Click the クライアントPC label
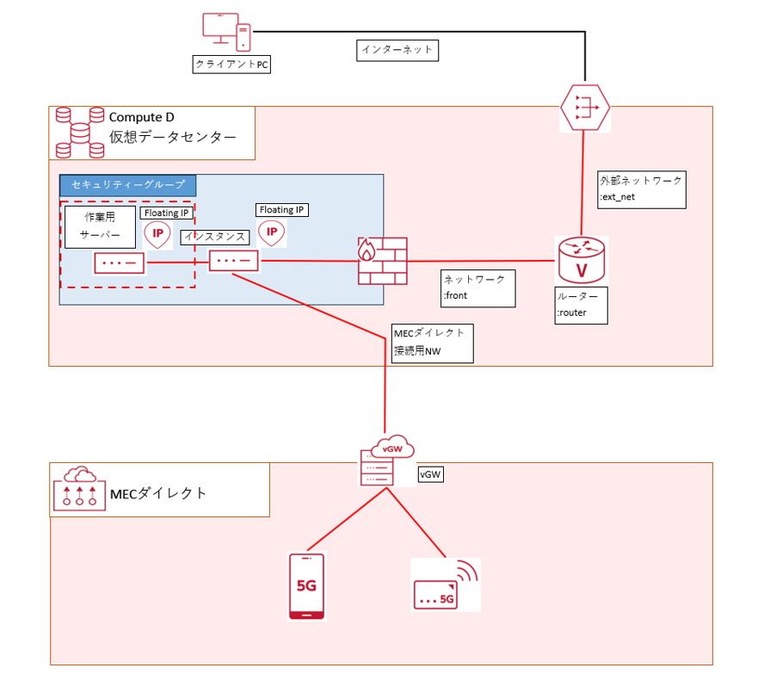click(x=231, y=65)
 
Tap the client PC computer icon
click(x=226, y=32)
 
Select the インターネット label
click(x=397, y=51)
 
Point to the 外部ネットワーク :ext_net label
click(x=642, y=189)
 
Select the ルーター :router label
click(x=582, y=305)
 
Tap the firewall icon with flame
click(x=381, y=261)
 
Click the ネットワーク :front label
click(x=477, y=287)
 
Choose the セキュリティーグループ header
click(x=127, y=185)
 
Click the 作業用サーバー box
click(x=100, y=226)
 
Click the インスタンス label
click(x=215, y=237)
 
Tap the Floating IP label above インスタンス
click(x=281, y=210)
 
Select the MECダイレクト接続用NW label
click(x=431, y=342)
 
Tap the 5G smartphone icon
click(x=306, y=586)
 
